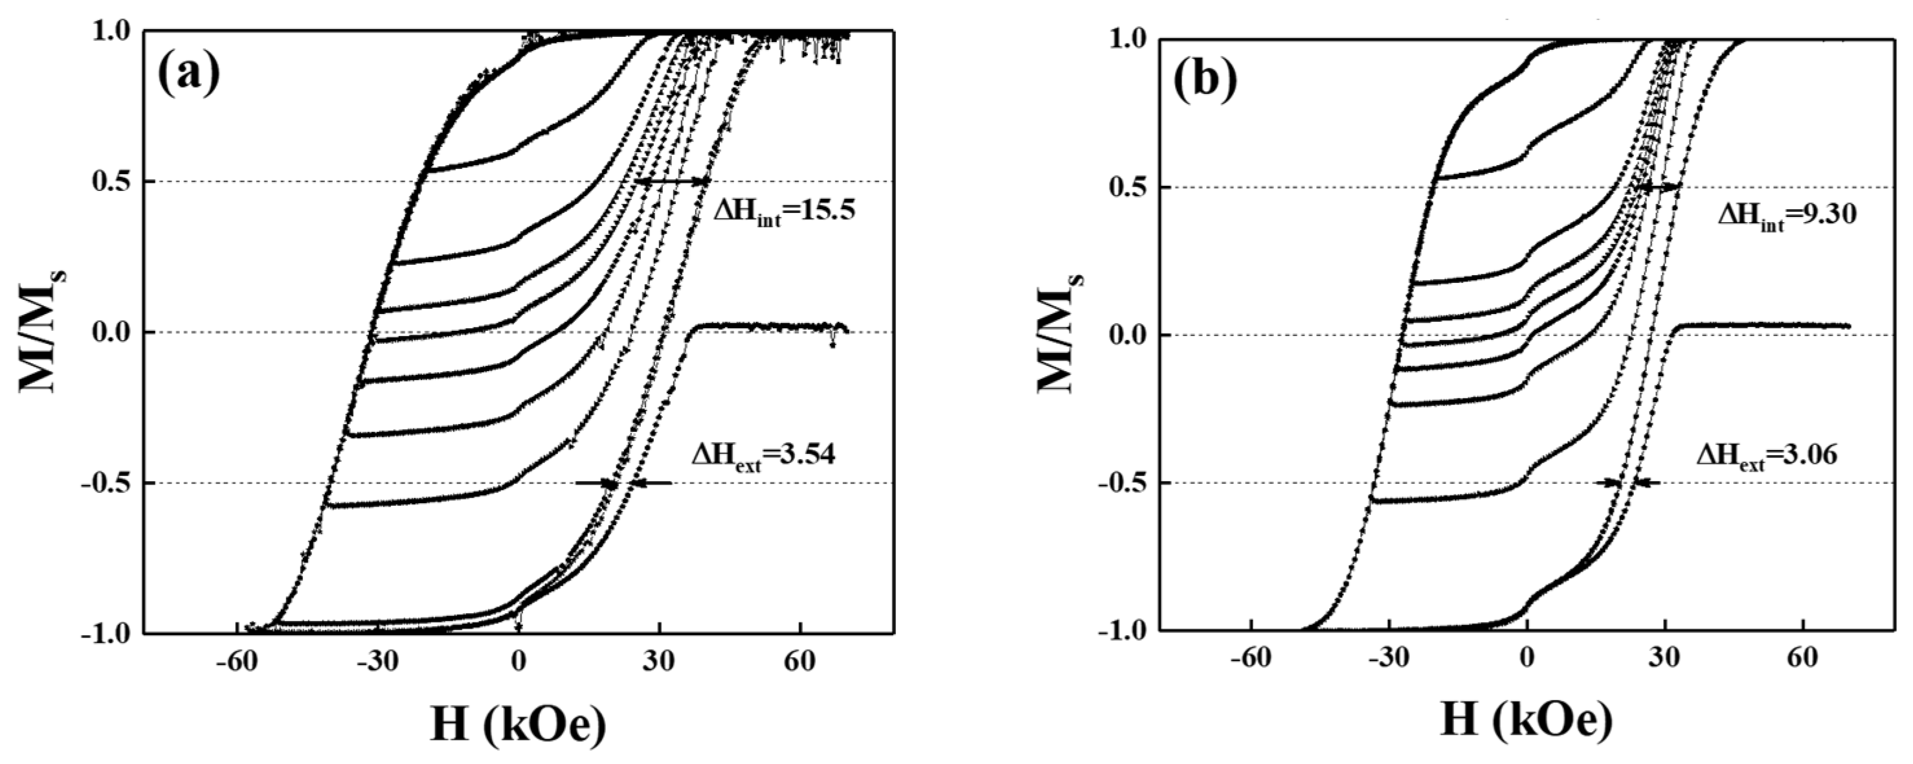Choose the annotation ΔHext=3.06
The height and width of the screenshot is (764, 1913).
tap(1767, 455)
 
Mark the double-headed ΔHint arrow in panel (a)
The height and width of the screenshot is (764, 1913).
tap(672, 182)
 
